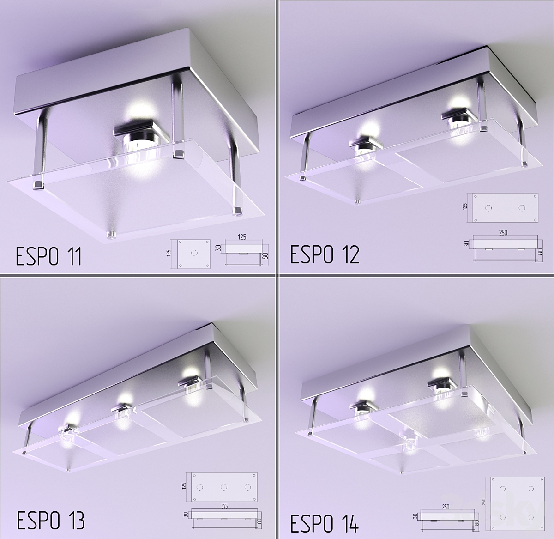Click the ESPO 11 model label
48,256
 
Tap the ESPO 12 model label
325,254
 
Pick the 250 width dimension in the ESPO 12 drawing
503,233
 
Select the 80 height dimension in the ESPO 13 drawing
259,521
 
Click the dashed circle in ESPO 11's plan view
193,252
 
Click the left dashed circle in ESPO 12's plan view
488,208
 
